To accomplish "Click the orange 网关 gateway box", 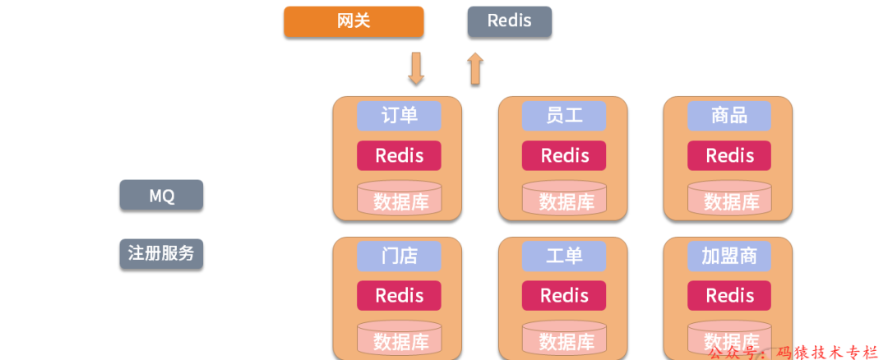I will (354, 21).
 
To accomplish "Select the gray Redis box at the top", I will (510, 21).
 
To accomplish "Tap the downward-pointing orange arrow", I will (416, 69).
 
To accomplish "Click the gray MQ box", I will (161, 196).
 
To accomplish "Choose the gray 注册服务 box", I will (161, 253).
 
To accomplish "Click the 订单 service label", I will (399, 116).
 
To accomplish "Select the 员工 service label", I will (564, 116).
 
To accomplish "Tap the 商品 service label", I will (729, 116).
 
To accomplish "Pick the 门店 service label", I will (399, 256).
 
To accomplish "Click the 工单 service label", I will (564, 256).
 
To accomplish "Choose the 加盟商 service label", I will (729, 256).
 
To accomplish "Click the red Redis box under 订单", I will (399, 155).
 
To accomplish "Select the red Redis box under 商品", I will (729, 155).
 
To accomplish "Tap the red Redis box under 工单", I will (564, 295).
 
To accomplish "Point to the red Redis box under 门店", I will (399, 295).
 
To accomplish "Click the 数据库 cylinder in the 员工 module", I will (564, 199).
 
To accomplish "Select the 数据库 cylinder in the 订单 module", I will (399, 199).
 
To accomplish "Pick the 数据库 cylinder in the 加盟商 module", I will (729, 339).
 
